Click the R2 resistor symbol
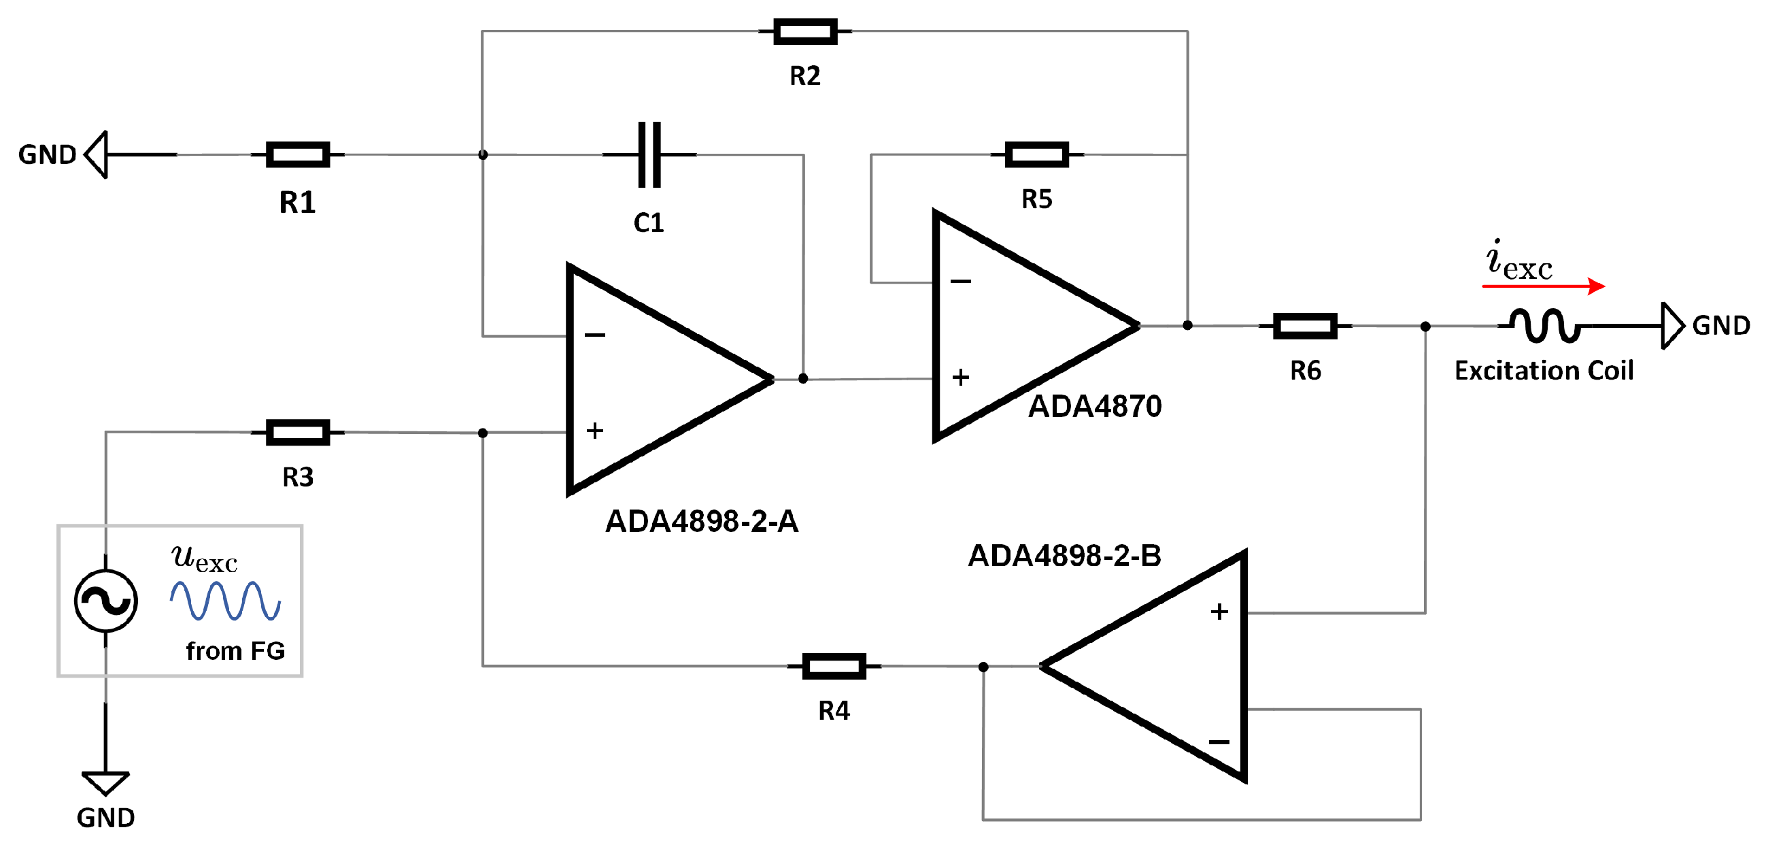point(805,31)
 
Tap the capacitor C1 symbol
point(649,154)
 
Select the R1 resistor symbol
point(298,154)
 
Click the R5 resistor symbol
point(1036,154)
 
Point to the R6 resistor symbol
point(1305,326)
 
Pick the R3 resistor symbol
point(298,432)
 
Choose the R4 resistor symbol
point(834,666)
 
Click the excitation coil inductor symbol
point(1545,326)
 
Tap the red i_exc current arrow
point(1542,286)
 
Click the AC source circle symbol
point(105,601)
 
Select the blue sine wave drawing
point(225,601)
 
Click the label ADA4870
point(1095,406)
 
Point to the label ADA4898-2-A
point(701,521)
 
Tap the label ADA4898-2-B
point(1064,556)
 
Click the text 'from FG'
point(235,651)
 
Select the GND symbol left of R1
point(97,154)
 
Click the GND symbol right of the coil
point(1672,326)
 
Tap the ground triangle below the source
point(105,782)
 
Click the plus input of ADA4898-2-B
point(1218,612)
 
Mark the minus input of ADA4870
point(960,281)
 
